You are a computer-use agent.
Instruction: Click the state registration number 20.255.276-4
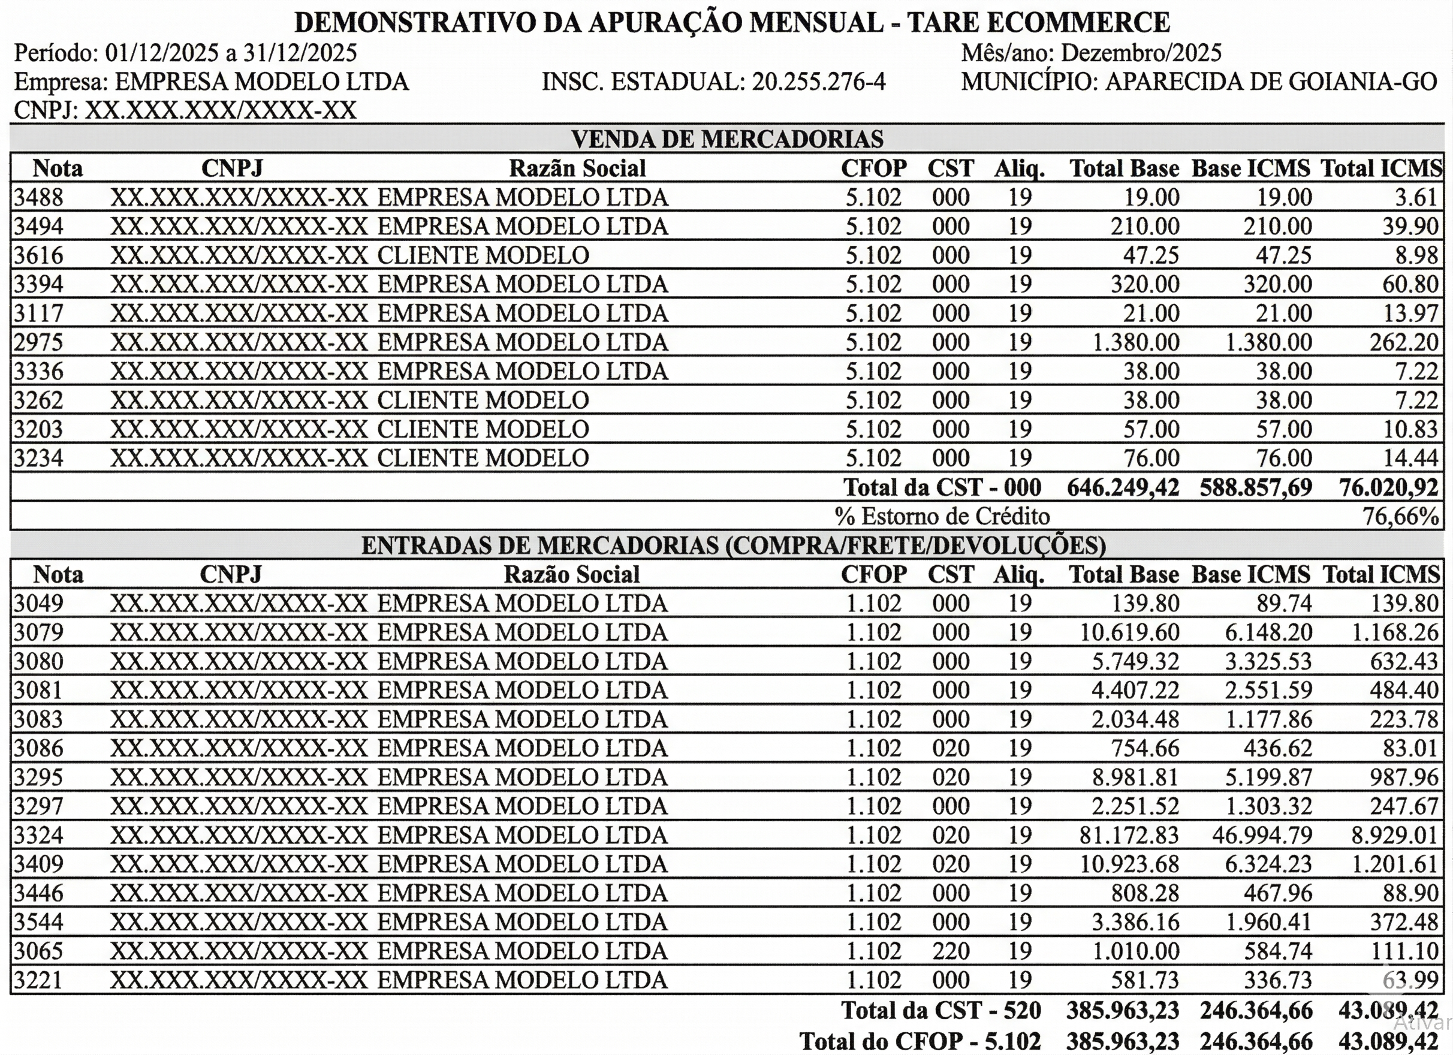[818, 82]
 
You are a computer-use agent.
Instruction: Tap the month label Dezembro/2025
[1141, 53]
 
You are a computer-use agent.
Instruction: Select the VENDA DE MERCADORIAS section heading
[727, 138]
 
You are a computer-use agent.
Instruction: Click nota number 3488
[38, 197]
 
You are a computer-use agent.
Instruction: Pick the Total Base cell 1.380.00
[1135, 342]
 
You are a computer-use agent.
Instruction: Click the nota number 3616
[38, 255]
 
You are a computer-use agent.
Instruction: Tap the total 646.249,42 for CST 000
[1123, 487]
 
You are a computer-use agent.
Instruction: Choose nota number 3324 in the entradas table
[38, 835]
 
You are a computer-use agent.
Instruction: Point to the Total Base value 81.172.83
[1129, 835]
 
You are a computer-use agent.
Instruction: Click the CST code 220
[951, 951]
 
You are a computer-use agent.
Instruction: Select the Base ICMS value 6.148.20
[1268, 632]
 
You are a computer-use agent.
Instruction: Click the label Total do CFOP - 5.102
[920, 1041]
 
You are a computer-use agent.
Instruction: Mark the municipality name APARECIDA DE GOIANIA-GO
[1271, 82]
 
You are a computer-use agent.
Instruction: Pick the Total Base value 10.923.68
[1129, 864]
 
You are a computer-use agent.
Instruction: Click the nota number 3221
[38, 980]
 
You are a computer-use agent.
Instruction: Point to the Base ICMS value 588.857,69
[1256, 487]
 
